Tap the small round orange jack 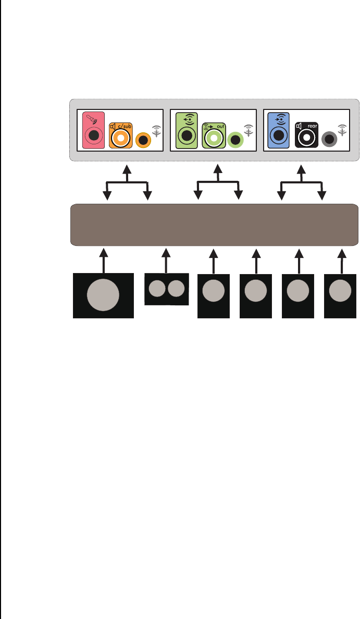[x=142, y=140]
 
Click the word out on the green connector [x=220, y=126]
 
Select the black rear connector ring [x=307, y=138]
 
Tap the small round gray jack [x=329, y=140]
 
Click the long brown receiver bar [x=214, y=225]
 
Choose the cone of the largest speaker [x=103, y=294]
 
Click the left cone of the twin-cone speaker [x=157, y=288]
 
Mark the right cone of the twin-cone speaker [x=176, y=288]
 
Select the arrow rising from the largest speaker [x=104, y=261]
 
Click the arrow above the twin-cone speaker [x=166, y=261]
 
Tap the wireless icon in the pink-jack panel [x=156, y=130]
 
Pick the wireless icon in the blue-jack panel [x=342, y=130]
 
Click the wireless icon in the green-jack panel [x=249, y=130]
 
